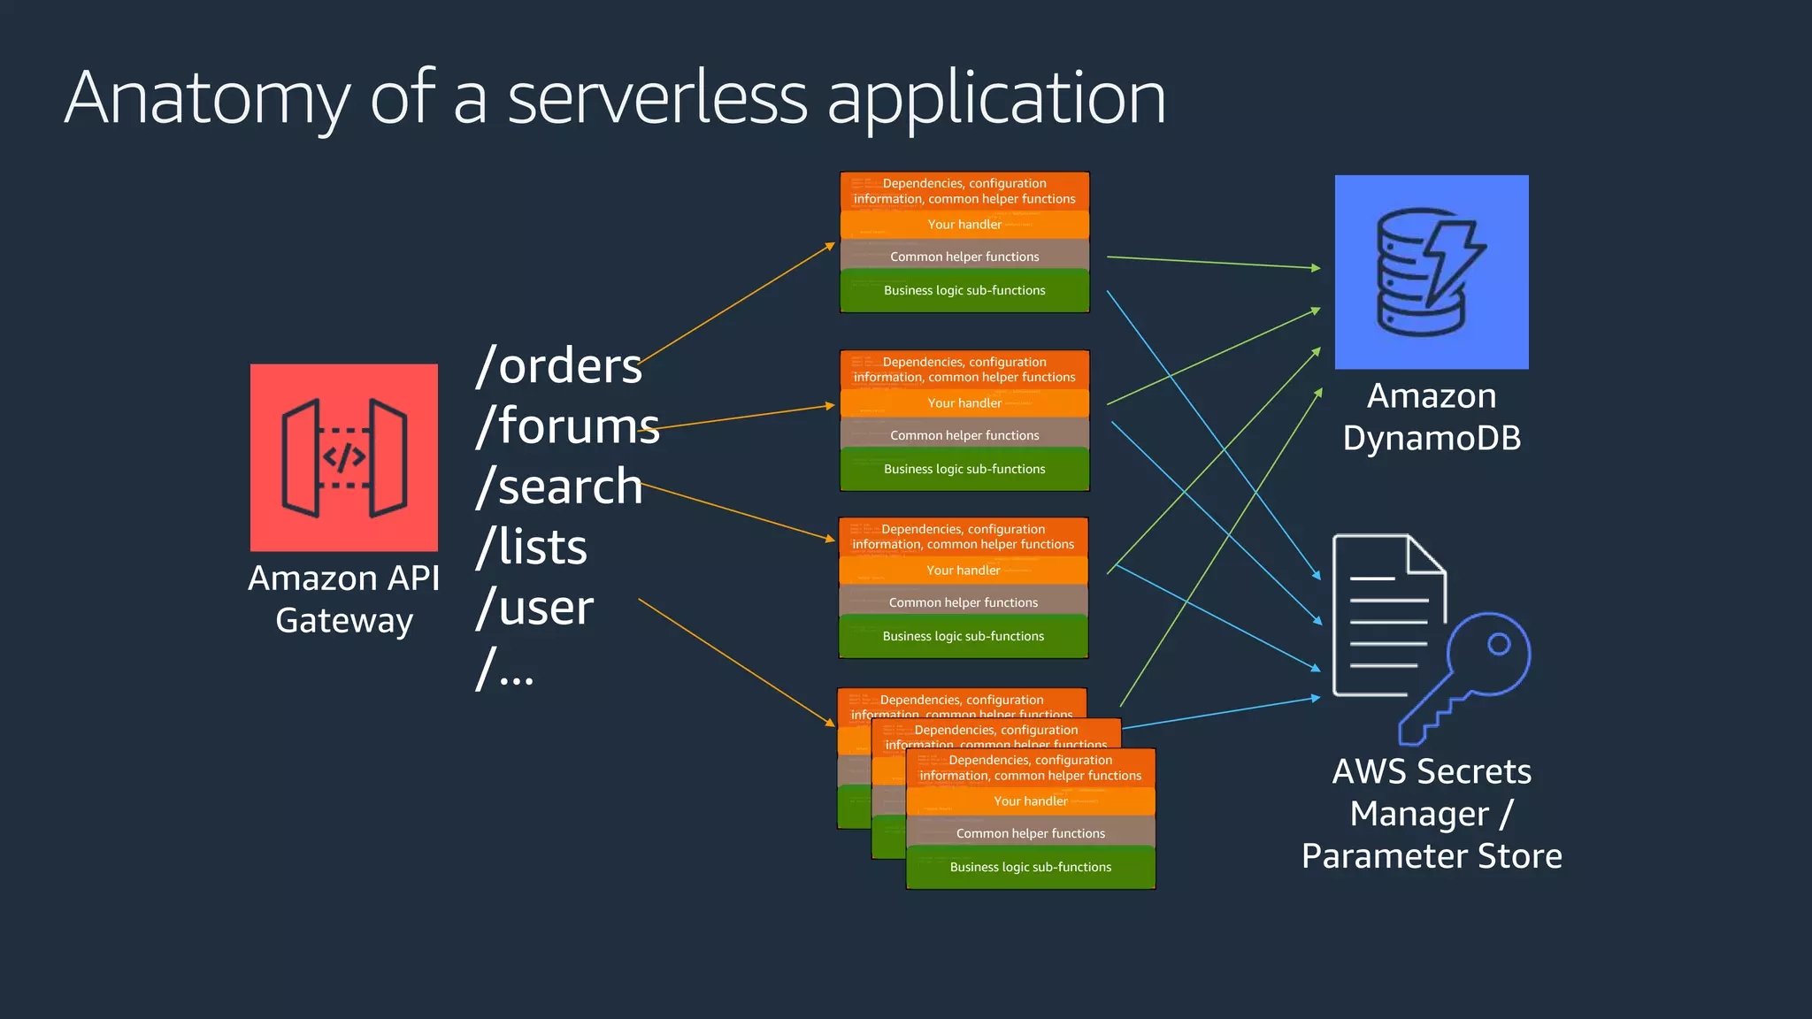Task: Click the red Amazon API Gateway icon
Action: pyautogui.click(x=343, y=457)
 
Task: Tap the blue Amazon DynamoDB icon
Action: pyautogui.click(x=1431, y=272)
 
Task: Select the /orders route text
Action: pyautogui.click(x=558, y=365)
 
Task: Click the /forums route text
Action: pyautogui.click(x=567, y=425)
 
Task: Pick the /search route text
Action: pyautogui.click(x=558, y=487)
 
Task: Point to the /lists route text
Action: pyautogui.click(x=531, y=547)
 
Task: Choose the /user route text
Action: pyautogui.click(x=534, y=608)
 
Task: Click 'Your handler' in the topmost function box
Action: pyautogui.click(x=964, y=225)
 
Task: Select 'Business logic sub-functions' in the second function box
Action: pyautogui.click(x=964, y=469)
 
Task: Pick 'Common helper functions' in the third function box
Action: pyautogui.click(x=963, y=602)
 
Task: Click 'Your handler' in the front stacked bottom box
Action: pyautogui.click(x=1030, y=801)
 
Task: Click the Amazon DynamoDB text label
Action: pyautogui.click(x=1431, y=417)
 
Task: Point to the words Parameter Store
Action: pyautogui.click(x=1431, y=856)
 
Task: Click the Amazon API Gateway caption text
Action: pyautogui.click(x=343, y=599)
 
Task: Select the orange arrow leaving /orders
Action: pyautogui.click(x=734, y=303)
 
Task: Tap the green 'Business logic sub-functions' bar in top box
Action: pyautogui.click(x=964, y=291)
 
